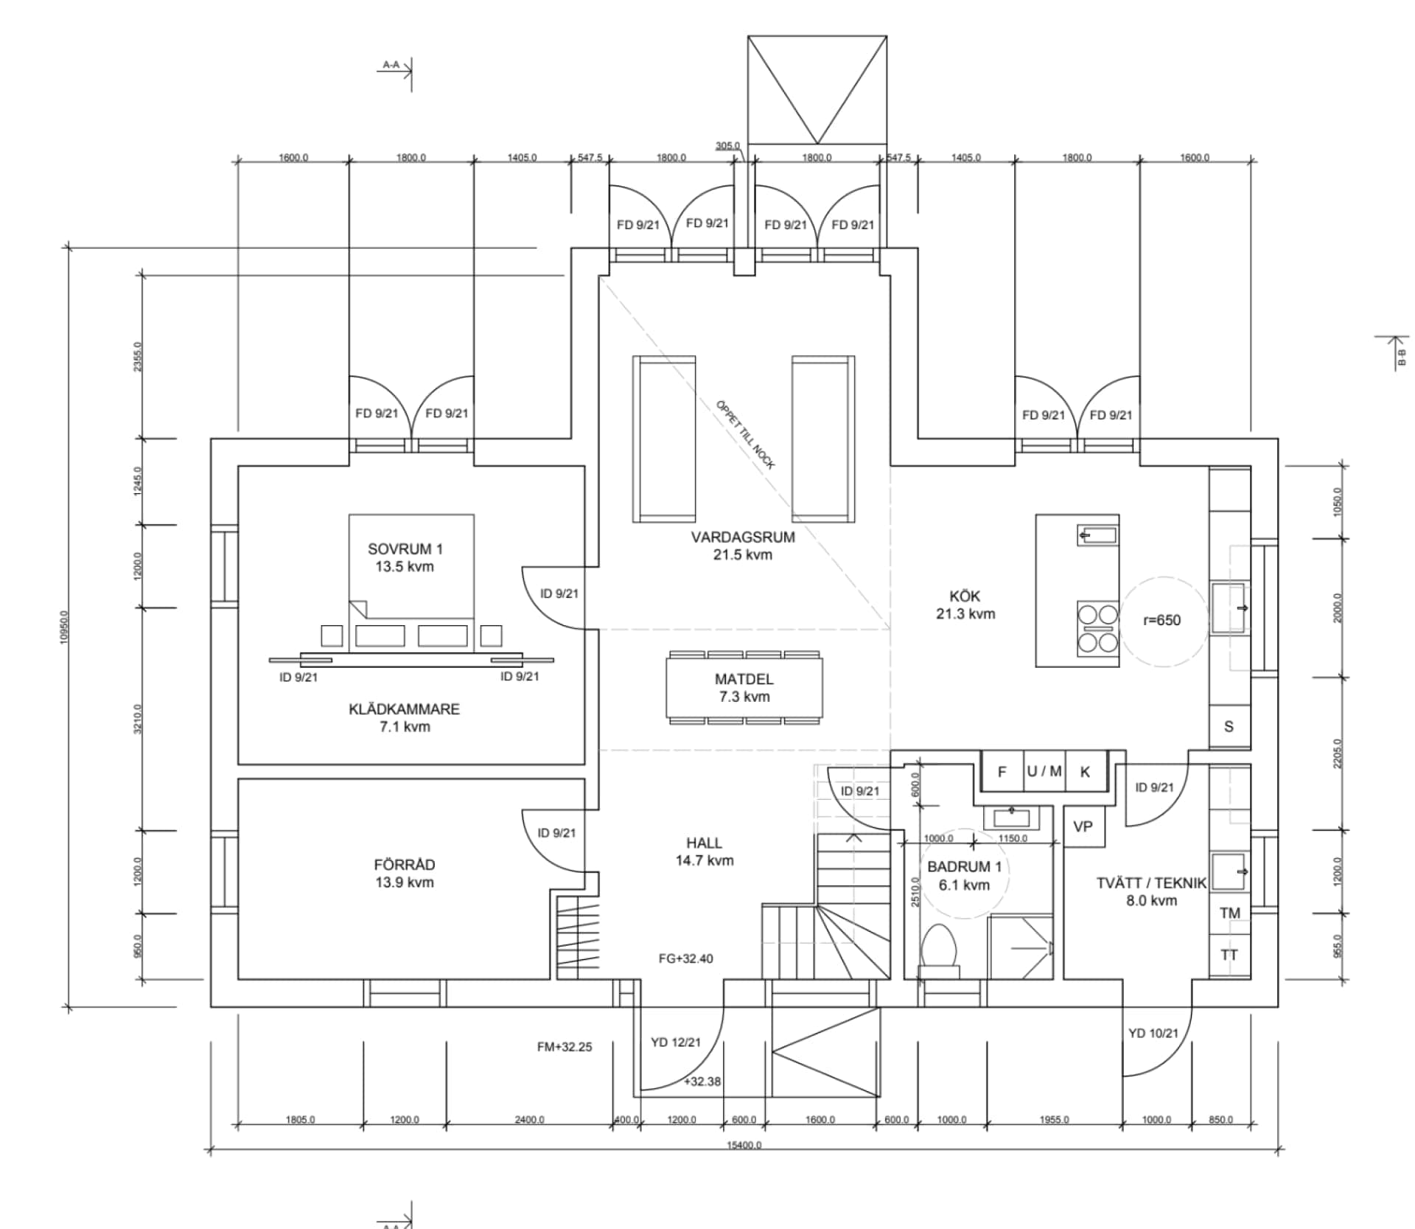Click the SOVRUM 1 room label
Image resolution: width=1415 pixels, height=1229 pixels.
click(x=405, y=557)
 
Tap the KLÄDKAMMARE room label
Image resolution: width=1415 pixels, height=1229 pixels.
click(x=404, y=717)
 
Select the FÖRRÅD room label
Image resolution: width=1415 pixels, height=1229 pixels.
click(x=404, y=873)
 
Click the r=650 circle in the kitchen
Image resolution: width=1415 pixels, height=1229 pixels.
click(x=1162, y=621)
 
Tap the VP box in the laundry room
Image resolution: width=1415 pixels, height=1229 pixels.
click(x=1083, y=826)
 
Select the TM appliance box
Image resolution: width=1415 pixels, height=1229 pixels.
click(x=1229, y=913)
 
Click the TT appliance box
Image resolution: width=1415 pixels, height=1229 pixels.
click(x=1229, y=955)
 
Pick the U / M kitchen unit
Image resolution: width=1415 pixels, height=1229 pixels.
click(x=1044, y=771)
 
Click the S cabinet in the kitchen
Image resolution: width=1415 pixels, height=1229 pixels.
click(x=1229, y=727)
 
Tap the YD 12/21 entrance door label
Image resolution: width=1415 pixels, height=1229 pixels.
click(x=676, y=1042)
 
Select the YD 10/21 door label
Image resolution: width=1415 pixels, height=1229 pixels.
click(x=1153, y=1034)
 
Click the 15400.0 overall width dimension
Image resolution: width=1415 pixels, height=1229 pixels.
click(x=744, y=1145)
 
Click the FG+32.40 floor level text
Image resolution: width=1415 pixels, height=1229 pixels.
click(x=685, y=958)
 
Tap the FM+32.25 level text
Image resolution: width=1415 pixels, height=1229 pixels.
click(x=565, y=1047)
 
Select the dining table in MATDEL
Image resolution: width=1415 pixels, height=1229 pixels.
click(x=744, y=687)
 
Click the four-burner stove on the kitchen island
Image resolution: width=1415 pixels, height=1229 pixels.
click(x=1097, y=629)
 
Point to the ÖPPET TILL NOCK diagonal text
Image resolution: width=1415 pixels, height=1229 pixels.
click(x=745, y=434)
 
